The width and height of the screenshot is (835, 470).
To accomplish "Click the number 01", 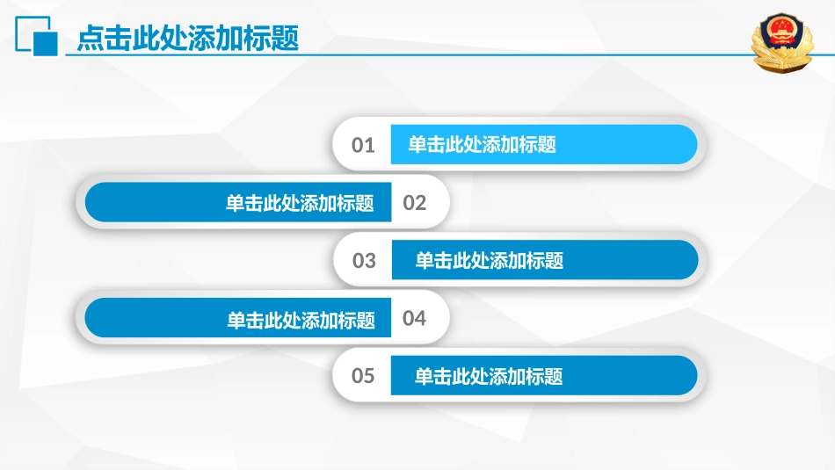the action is tap(363, 145).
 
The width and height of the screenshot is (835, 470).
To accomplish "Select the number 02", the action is tap(414, 203).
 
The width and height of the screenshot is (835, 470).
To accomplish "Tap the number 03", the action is tap(364, 261).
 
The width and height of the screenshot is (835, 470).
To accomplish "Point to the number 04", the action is tap(414, 318).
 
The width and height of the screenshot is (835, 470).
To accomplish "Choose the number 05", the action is tap(363, 376).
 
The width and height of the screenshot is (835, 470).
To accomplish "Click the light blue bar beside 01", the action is tap(544, 144).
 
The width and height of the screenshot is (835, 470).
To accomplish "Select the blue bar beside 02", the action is tap(238, 202).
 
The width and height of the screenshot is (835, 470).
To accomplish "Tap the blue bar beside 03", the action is tap(545, 260).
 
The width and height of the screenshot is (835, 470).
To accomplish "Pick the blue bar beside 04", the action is tap(237, 318).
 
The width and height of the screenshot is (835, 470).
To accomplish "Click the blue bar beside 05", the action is tap(544, 375).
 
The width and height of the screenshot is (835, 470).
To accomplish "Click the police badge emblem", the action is tap(781, 42).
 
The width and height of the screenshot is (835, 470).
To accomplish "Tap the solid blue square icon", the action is tap(45, 44).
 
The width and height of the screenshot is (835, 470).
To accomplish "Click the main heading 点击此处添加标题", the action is tap(187, 39).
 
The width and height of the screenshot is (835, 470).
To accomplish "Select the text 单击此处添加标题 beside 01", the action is tap(482, 144).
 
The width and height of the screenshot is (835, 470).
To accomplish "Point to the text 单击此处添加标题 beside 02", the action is tap(300, 203).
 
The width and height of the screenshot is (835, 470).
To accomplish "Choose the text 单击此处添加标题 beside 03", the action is tap(489, 260).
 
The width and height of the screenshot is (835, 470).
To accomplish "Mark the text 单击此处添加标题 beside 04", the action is tap(301, 320).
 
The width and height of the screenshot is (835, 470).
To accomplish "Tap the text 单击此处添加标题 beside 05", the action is tap(489, 376).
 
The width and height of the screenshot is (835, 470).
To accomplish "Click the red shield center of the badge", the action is tap(781, 33).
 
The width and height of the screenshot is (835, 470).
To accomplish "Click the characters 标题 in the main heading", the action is tap(271, 39).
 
